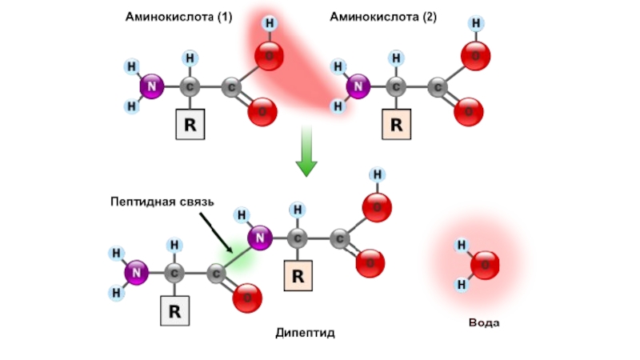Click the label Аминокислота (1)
click(x=178, y=17)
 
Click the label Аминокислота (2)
click(x=383, y=17)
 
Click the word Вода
click(x=484, y=322)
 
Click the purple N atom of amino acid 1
click(x=151, y=87)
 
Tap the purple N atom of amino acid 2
click(x=358, y=86)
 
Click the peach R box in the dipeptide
click(x=298, y=276)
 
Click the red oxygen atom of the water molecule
click(x=485, y=265)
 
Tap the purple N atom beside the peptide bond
click(x=259, y=237)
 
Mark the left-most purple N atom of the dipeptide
click(x=137, y=273)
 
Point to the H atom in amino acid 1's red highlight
click(x=270, y=24)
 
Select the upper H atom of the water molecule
click(x=462, y=245)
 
